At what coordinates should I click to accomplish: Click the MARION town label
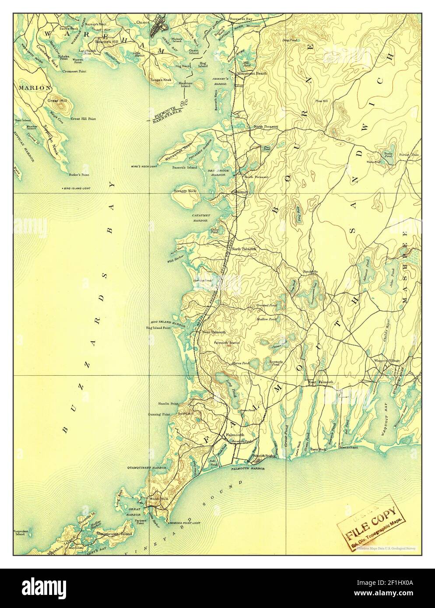click(x=34, y=87)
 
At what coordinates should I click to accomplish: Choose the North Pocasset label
click(x=266, y=126)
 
